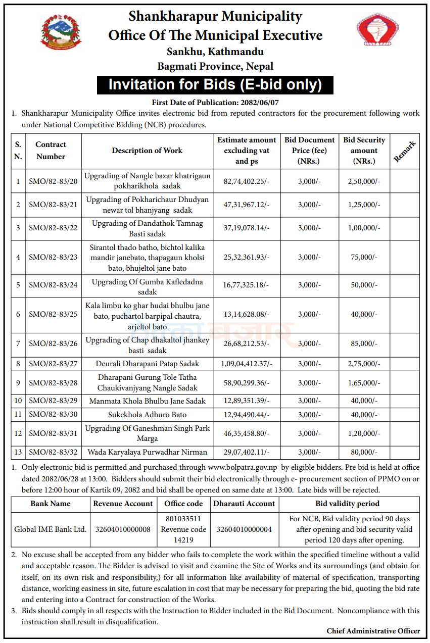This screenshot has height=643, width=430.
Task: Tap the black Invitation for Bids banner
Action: (215, 84)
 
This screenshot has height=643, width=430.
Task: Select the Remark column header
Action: (405, 151)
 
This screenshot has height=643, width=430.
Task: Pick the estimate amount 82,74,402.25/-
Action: (247, 181)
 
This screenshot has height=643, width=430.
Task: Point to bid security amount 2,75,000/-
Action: (364, 364)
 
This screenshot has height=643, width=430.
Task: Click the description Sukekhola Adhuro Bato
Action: (148, 415)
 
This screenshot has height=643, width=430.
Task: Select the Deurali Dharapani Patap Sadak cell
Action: (148, 364)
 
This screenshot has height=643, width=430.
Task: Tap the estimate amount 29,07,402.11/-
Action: (247, 452)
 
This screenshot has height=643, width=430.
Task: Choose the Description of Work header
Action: (147, 151)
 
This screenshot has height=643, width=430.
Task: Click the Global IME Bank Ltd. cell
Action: (51, 529)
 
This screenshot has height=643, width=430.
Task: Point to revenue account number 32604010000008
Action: (123, 529)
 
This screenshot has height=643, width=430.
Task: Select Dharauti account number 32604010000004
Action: (244, 529)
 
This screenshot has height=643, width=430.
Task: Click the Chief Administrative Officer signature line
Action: (373, 631)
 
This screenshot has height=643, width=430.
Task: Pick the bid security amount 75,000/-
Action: (364, 257)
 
